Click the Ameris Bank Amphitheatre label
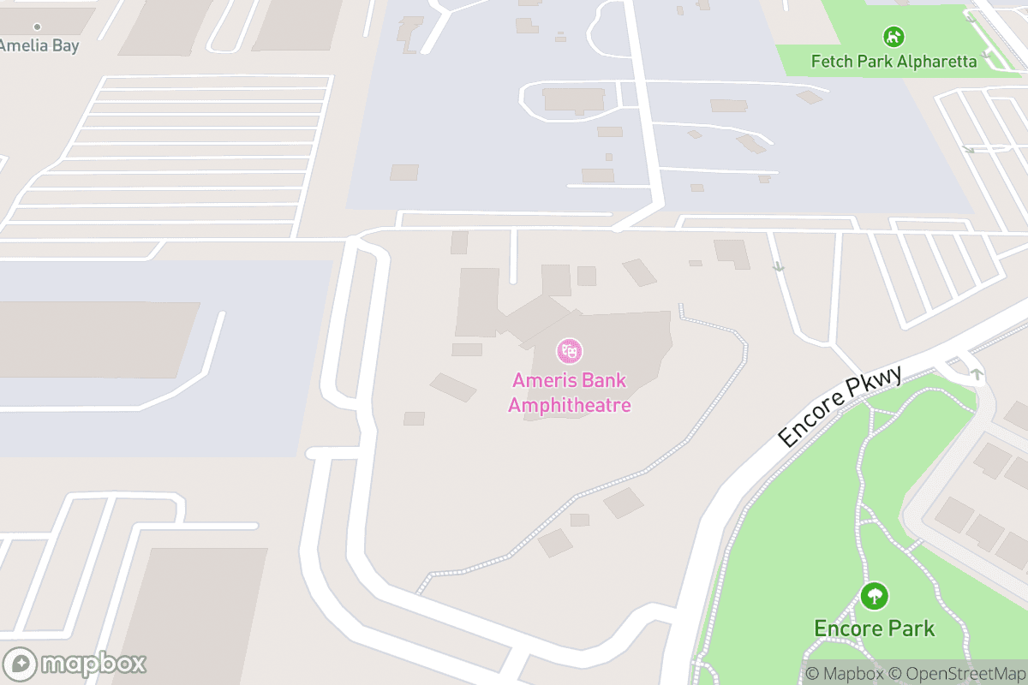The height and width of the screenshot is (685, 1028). [x=570, y=392]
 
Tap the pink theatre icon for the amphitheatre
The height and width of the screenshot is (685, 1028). [x=570, y=350]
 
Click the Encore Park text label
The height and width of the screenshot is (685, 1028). [x=874, y=628]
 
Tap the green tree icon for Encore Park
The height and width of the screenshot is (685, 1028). [x=874, y=596]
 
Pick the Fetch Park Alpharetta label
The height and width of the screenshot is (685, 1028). [x=894, y=62]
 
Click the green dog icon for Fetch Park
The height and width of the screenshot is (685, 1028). [x=894, y=37]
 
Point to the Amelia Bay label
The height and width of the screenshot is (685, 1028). [x=39, y=45]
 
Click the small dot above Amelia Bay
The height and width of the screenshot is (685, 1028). [x=37, y=27]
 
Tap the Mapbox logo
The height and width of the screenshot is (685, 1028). [x=75, y=664]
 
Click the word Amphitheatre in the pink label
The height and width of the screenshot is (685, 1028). [x=570, y=405]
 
